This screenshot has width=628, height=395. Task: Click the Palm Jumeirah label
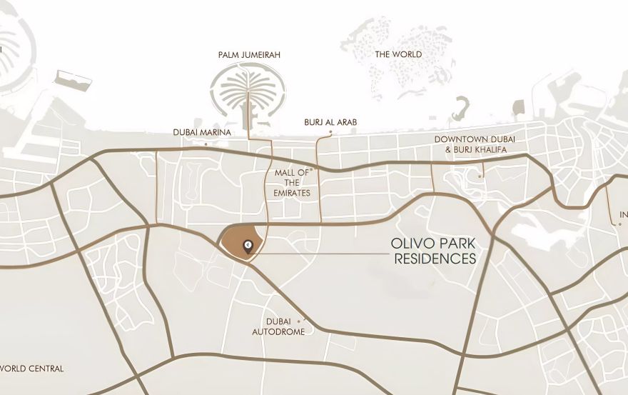point(248,54)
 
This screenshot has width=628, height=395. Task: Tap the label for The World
point(398,54)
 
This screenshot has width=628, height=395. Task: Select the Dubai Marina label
point(202,132)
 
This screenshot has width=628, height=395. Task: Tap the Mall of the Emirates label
point(291,183)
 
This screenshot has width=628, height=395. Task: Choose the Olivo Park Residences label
point(434,251)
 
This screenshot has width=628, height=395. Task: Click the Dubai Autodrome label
point(278,326)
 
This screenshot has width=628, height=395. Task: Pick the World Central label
point(33,369)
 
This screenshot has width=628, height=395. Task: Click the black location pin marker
point(247,246)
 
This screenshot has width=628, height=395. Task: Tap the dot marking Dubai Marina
point(206,144)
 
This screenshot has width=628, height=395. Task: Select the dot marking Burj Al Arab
point(330,133)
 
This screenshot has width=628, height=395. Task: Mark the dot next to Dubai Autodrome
point(306,320)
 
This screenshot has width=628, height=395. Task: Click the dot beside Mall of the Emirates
point(312,170)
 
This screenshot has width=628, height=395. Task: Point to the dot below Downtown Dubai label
point(481,175)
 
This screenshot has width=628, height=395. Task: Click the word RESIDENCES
point(435,259)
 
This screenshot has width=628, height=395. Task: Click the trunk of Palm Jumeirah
point(248,111)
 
